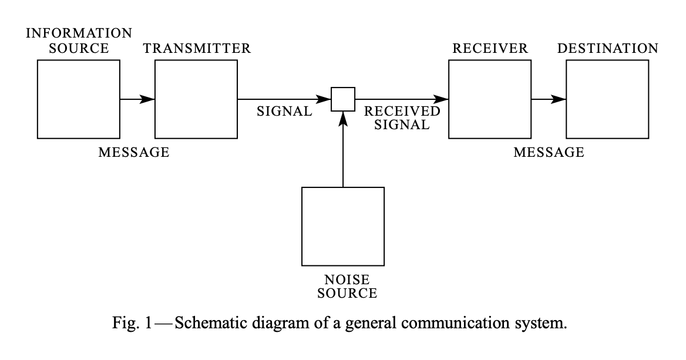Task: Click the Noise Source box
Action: click(343, 226)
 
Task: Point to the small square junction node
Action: click(343, 99)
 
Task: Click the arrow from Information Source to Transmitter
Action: click(137, 99)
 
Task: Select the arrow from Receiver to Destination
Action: click(549, 99)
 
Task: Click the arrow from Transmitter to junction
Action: click(284, 99)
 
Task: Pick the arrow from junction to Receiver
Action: click(402, 99)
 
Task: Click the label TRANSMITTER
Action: click(197, 48)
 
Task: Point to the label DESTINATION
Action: click(608, 48)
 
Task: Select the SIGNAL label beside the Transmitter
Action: click(285, 112)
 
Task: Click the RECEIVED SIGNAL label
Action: click(402, 117)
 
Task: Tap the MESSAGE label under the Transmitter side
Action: click(134, 153)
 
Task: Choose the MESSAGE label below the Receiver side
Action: click(549, 153)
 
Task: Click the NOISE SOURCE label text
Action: click(347, 286)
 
